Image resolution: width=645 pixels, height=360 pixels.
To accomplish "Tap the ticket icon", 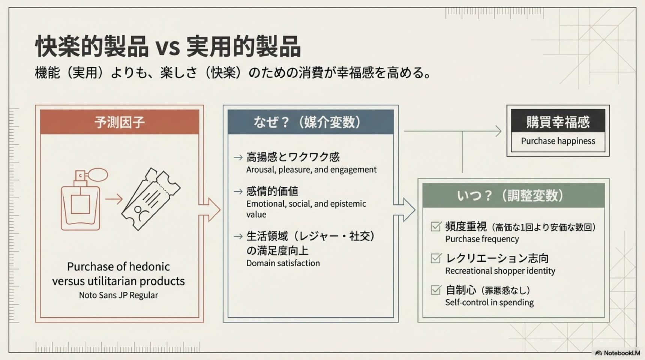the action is [151, 199].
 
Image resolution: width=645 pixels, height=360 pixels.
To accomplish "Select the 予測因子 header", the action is [119, 122].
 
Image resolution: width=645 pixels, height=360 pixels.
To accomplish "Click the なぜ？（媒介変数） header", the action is [310, 122].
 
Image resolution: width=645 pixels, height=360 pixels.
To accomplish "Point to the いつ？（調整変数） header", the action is [513, 195].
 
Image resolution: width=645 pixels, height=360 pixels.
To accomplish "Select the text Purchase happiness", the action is [558, 141].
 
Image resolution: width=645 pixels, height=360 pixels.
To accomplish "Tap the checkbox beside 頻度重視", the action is [436, 226].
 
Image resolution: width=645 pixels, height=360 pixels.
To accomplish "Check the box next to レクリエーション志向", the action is [436, 258].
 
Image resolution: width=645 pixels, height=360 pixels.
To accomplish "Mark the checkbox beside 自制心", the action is [436, 290].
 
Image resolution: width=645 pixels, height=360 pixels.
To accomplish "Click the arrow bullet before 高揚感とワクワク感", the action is [238, 157].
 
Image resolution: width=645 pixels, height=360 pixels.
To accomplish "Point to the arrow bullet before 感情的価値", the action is [238, 192].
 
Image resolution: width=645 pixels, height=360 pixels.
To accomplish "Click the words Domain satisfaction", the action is [283, 263].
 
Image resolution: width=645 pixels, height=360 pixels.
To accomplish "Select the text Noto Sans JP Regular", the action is [118, 295].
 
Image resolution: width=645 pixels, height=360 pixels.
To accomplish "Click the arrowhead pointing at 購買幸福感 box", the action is [499, 131].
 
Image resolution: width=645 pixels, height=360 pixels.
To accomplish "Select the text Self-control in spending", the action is [489, 303].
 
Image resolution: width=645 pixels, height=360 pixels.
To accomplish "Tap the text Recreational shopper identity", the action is [500, 271].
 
